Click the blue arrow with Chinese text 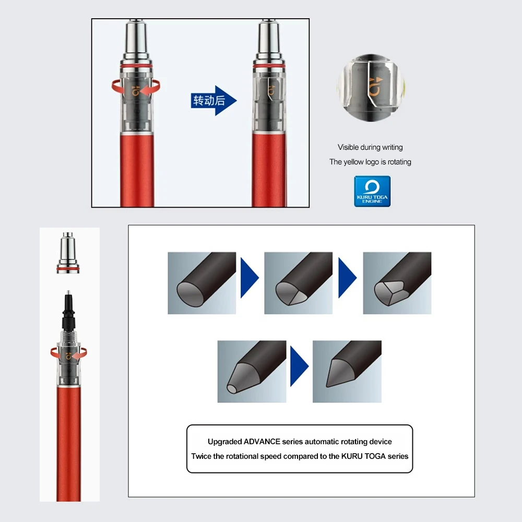213,101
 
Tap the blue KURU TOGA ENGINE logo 372,192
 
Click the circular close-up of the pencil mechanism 371,88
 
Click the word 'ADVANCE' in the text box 262,442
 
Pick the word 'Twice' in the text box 201,456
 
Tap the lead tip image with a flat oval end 201,283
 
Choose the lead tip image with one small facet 298,283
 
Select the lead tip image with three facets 397,283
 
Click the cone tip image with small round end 252,372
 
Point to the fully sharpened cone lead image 347,372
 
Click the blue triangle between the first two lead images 250,278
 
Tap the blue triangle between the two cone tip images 299,366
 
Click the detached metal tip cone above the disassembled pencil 68,253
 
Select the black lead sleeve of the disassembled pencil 68,311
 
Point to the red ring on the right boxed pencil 269,66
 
